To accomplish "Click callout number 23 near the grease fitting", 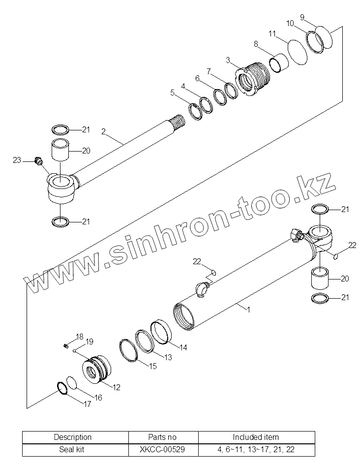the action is pos(17,160).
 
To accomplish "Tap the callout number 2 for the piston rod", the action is pos(104,131).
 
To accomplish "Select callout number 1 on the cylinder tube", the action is pos(249,310).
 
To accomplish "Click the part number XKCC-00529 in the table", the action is pos(163,449).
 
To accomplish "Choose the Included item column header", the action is pos(256,437).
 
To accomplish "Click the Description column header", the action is pos(73,437).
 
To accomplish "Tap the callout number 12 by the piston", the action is pos(116,387).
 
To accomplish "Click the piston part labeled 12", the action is pos(95,371).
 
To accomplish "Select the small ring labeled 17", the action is pos(61,388).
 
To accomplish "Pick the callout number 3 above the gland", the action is pos(228,60).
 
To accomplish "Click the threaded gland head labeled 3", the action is pos(254,79).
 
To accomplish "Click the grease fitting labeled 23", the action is pos(38,160).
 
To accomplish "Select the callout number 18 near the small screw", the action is pos(80,337).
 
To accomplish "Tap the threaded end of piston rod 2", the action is pos(178,120).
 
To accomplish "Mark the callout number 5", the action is pos(172,92).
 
